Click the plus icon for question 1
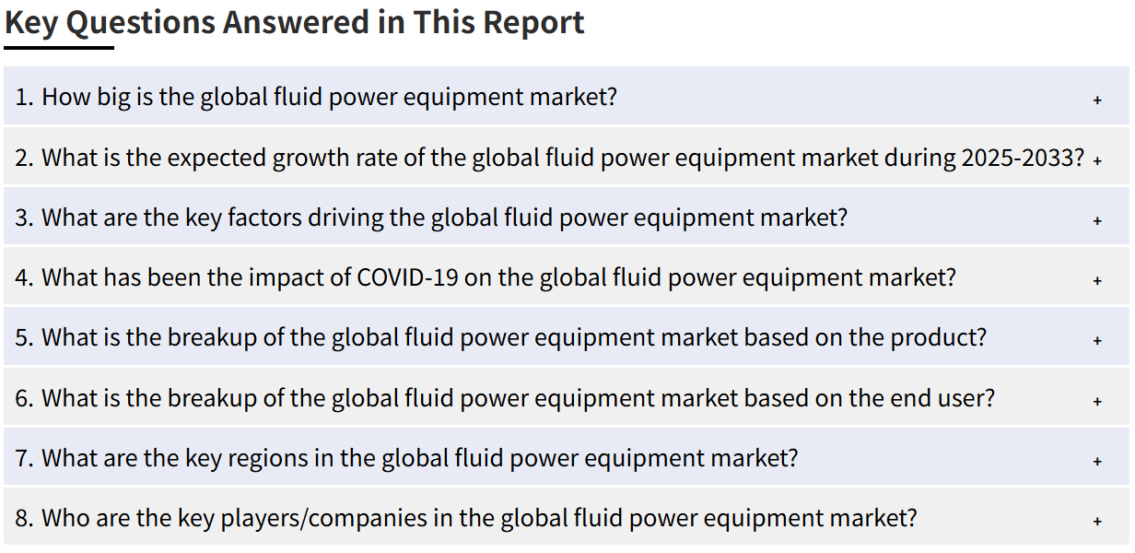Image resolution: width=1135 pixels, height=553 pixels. [x=1097, y=100]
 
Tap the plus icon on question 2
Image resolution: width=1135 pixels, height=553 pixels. [x=1097, y=160]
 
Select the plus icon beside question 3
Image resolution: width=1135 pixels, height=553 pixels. [x=1097, y=220]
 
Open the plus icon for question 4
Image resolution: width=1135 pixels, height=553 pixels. [x=1097, y=280]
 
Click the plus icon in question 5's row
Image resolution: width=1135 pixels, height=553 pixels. [x=1097, y=340]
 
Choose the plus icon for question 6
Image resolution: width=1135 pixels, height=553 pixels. [x=1097, y=401]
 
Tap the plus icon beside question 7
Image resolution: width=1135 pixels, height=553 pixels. [x=1097, y=461]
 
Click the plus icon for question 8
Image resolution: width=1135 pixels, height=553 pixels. [x=1097, y=521]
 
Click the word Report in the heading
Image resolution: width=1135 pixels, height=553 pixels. [x=533, y=23]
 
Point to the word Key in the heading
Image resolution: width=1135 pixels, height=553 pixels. [x=31, y=23]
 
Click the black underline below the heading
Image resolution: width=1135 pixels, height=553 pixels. [x=59, y=48]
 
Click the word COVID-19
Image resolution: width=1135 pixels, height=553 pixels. [x=407, y=277]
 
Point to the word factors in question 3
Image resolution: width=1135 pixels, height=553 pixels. [x=264, y=218]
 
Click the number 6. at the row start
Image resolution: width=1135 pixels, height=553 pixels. [x=24, y=398]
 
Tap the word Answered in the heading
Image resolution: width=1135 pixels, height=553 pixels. [x=297, y=23]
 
